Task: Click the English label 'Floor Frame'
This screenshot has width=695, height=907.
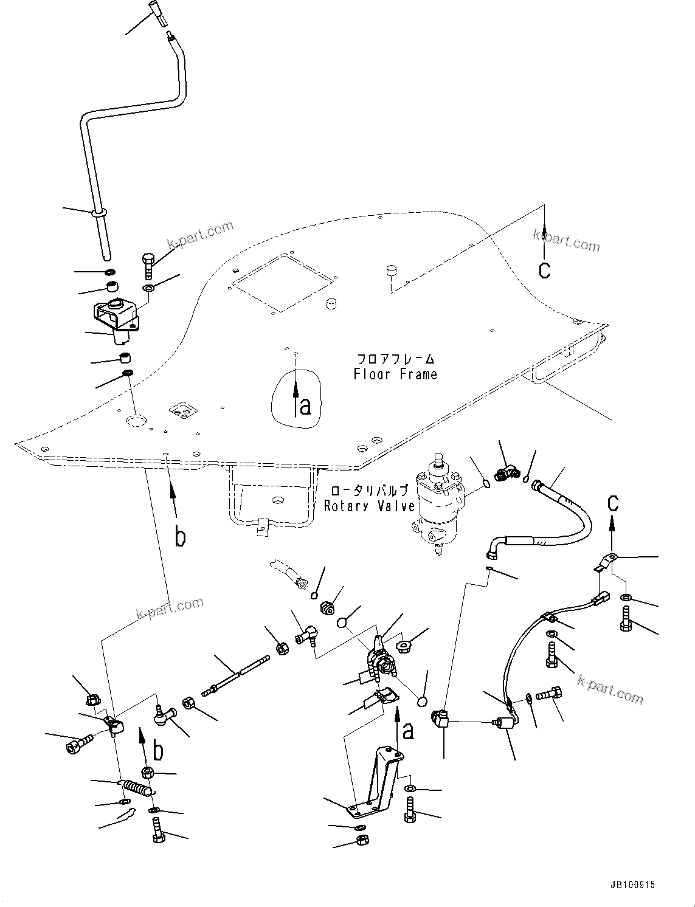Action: pos(395,374)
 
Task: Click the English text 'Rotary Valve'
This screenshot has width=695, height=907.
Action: pos(369,506)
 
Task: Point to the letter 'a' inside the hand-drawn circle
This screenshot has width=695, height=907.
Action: pos(305,405)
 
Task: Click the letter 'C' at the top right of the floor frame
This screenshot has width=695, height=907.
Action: pos(544,269)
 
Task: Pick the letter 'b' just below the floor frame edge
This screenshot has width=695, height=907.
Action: pos(180,537)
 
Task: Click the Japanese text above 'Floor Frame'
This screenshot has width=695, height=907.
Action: pos(395,359)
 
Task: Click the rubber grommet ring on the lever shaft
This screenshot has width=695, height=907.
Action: pos(98,213)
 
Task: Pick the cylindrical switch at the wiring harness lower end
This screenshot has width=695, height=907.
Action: pos(502,724)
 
